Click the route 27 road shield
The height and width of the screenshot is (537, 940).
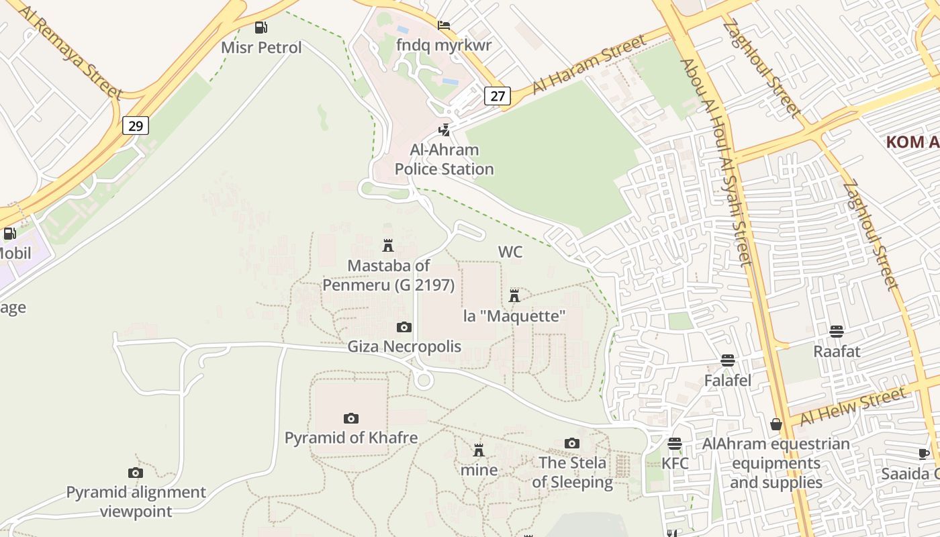pos(498,96)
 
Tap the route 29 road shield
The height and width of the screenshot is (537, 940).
pos(135,126)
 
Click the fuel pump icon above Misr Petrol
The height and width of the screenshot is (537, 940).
pos(261,28)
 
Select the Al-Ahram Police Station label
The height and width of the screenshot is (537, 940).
pos(444,160)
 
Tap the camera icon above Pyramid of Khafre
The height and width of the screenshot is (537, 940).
pos(350,418)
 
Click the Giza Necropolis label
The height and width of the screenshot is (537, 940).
pos(404,346)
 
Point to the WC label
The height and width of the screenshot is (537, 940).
pos(510,252)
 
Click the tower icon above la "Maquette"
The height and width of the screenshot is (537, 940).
pos(514,295)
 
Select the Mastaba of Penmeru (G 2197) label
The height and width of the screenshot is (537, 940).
pos(389,275)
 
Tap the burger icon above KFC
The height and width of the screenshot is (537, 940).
pos(675,444)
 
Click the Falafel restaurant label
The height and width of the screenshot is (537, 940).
pos(727,381)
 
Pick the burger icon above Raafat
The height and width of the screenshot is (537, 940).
pos(837,331)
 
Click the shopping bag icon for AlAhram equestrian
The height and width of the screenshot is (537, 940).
pos(776,424)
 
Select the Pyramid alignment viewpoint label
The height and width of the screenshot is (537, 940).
pos(136,501)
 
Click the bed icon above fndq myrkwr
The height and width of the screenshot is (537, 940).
pos(444,26)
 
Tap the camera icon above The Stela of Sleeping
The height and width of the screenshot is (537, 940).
pos(572,443)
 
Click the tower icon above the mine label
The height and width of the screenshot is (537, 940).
pos(479,450)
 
